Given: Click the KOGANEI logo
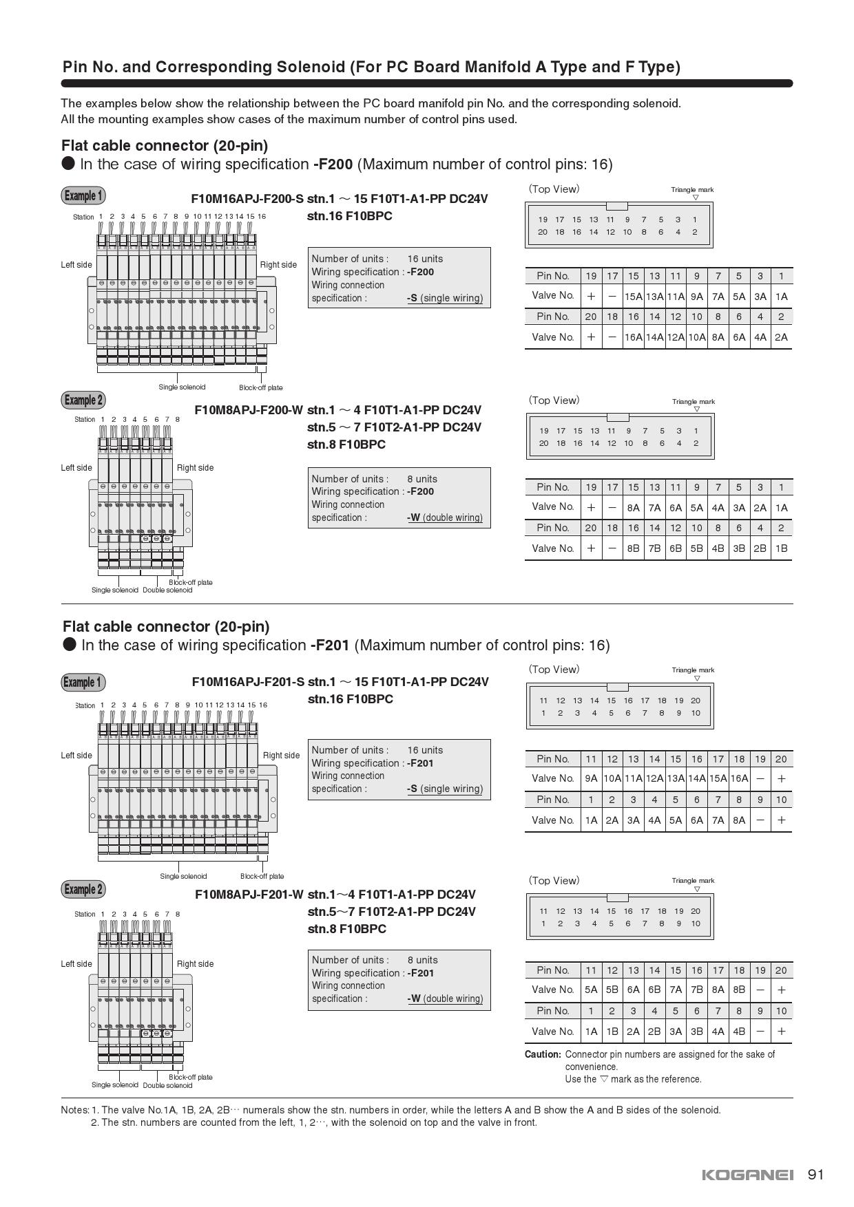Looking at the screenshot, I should pyautogui.click(x=747, y=1175).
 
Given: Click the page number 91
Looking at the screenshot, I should pyautogui.click(x=815, y=1174).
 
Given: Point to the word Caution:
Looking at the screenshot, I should pyautogui.click(x=543, y=1054).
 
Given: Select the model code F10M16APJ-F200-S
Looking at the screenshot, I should pyautogui.click(x=247, y=199).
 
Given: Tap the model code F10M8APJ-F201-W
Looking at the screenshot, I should pyautogui.click(x=249, y=894).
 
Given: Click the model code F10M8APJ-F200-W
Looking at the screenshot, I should pyautogui.click(x=249, y=410).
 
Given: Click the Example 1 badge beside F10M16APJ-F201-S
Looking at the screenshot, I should pyautogui.click(x=83, y=682).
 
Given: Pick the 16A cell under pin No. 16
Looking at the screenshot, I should pyautogui.click(x=633, y=337).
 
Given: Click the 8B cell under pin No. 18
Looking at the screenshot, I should pyautogui.click(x=739, y=990).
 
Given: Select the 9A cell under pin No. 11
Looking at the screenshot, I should pyautogui.click(x=591, y=778).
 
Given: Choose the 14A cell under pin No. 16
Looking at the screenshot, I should pyautogui.click(x=696, y=778).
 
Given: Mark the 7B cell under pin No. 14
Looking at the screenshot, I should pyautogui.click(x=654, y=548).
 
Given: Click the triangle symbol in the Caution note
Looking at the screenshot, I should pyautogui.click(x=604, y=1079).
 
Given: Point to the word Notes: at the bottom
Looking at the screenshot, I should pyautogui.click(x=75, y=1110).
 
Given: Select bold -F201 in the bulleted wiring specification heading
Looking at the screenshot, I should pyautogui.click(x=331, y=645).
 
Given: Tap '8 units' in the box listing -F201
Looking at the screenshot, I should pyautogui.click(x=422, y=960).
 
